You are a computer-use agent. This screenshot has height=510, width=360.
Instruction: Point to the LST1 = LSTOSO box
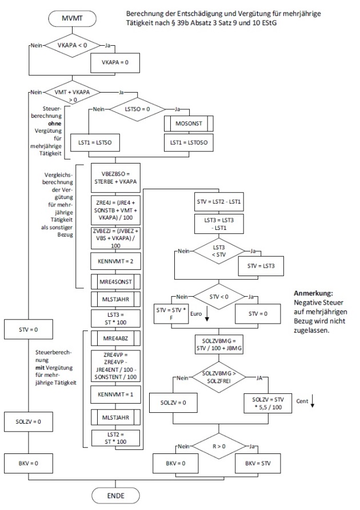pos(188,141)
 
